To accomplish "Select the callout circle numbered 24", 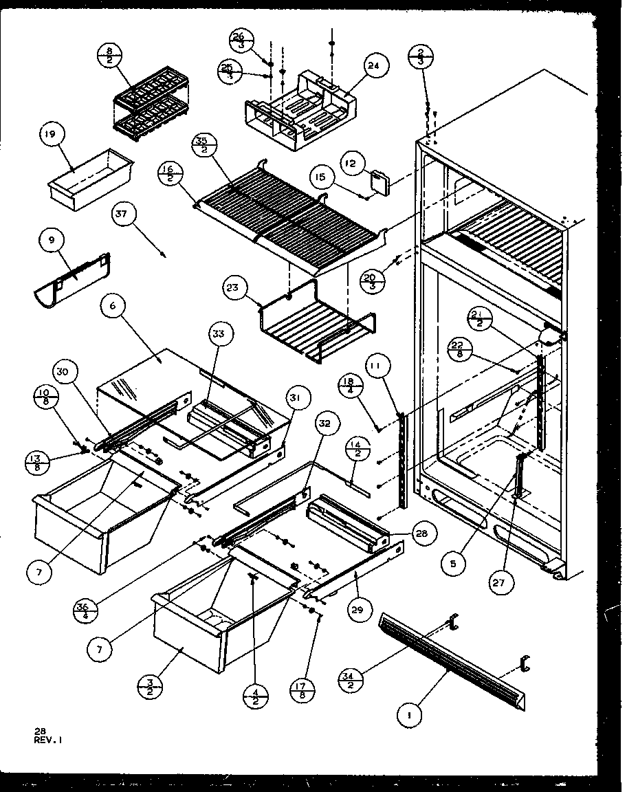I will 373,67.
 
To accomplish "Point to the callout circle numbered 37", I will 122,216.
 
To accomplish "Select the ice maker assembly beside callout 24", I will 299,117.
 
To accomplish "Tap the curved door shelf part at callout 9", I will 73,283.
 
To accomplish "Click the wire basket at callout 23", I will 316,330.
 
